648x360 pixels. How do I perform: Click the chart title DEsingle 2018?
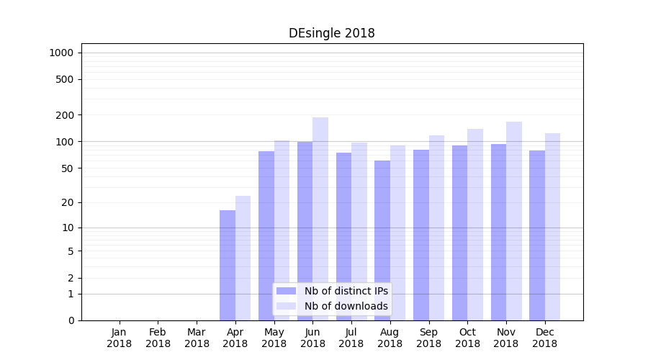click(x=331, y=33)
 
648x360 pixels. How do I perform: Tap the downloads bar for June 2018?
click(x=320, y=216)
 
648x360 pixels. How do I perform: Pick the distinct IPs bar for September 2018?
click(x=421, y=235)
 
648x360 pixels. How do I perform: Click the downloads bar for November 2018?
click(x=514, y=220)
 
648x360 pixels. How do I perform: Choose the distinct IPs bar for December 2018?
click(x=537, y=235)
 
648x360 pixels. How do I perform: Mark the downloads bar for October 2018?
click(x=475, y=224)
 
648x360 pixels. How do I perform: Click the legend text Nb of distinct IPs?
click(x=346, y=291)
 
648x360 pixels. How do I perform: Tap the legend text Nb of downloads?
click(x=346, y=306)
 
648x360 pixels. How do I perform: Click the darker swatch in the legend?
click(x=287, y=291)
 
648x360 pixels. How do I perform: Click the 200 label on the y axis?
click(x=66, y=115)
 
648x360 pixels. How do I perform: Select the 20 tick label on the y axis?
click(x=68, y=202)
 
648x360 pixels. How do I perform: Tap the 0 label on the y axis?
click(x=71, y=320)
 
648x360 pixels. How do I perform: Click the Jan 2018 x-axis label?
click(x=120, y=338)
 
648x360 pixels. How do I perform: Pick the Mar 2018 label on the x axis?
click(x=197, y=338)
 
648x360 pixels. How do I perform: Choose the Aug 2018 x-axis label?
click(x=390, y=338)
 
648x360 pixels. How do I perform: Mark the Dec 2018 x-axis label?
click(x=545, y=338)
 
